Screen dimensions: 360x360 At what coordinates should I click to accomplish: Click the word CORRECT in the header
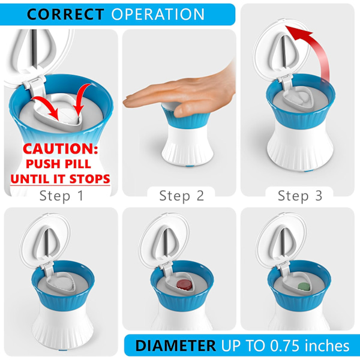65,14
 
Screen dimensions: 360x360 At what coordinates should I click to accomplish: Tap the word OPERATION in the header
158,14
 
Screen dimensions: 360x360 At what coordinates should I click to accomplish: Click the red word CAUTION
61,149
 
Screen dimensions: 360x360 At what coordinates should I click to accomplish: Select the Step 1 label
61,196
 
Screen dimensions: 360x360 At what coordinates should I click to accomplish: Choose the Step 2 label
182,196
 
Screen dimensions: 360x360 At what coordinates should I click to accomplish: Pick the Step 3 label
300,196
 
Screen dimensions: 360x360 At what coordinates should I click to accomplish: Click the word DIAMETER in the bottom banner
176,346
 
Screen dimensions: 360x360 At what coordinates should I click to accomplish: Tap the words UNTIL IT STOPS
60,179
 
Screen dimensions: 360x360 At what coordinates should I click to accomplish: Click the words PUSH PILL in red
59,164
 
